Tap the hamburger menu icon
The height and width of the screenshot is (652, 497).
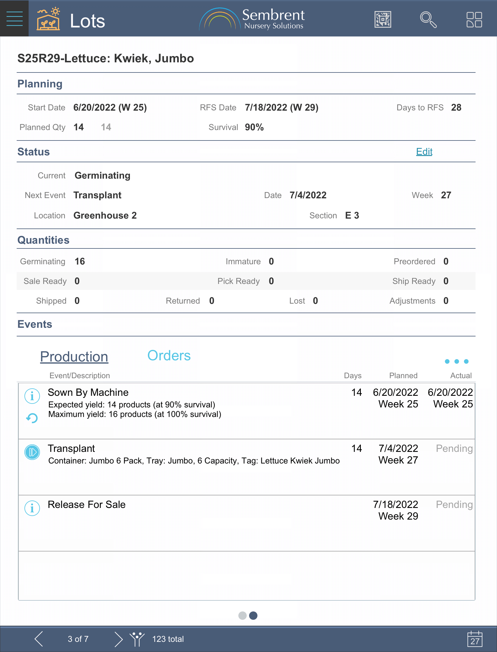[14, 18]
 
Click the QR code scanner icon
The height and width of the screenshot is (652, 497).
[383, 20]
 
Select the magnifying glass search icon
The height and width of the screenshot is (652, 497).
[428, 20]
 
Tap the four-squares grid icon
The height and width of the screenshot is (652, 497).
[474, 20]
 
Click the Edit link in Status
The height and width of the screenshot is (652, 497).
[424, 152]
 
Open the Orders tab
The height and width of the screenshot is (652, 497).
[169, 356]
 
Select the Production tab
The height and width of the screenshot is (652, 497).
[74, 357]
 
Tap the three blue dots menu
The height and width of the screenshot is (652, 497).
[456, 361]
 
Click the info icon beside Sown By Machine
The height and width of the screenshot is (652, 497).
[32, 396]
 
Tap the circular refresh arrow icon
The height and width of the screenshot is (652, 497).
[32, 418]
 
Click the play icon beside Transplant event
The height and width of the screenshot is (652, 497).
[32, 452]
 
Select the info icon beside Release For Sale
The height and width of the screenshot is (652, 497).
[32, 508]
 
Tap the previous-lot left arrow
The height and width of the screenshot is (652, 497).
[39, 639]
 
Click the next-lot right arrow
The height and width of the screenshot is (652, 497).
[119, 639]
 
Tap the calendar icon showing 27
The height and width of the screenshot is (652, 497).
[475, 639]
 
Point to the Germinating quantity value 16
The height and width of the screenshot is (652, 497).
[80, 262]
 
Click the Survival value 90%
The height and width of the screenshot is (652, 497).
[254, 127]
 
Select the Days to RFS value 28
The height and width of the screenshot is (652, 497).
[456, 108]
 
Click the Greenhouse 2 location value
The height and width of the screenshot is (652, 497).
[105, 216]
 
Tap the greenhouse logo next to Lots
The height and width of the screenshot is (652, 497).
[48, 19]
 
